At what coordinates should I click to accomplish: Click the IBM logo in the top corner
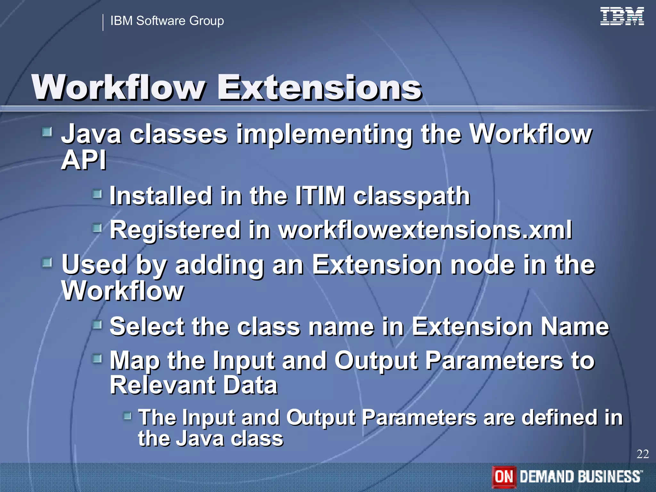pos(622,17)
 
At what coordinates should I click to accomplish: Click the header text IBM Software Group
pos(167,21)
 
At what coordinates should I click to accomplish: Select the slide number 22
pos(643,454)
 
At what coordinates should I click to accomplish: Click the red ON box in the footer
pos(504,476)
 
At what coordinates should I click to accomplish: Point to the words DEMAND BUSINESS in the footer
pos(581,476)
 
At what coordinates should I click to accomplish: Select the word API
pos(84,160)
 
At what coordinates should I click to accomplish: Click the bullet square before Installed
pos(97,193)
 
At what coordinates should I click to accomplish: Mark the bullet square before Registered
pos(97,228)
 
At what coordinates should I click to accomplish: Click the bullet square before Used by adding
pos(47,263)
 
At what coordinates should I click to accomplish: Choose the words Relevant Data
pos(193,385)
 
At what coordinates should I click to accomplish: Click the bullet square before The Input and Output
pos(127,416)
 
